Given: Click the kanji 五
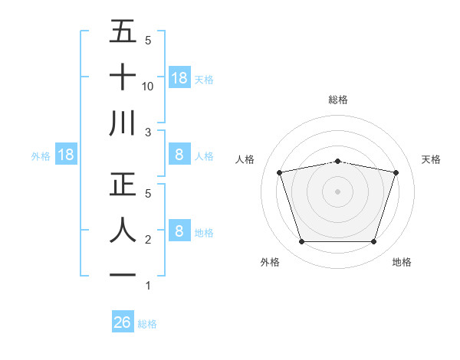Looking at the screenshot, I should [x=123, y=31].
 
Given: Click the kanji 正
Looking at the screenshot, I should [x=123, y=185].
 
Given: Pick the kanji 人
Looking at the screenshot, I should [x=123, y=231].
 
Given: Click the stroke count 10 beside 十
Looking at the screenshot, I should [x=148, y=87].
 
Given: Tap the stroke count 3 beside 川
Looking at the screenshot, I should [x=147, y=133].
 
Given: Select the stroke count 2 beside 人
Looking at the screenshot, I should [x=147, y=240].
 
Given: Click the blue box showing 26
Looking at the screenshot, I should [x=123, y=322].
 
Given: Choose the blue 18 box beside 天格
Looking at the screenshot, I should [x=179, y=77].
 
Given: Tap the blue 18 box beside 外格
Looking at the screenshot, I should [x=66, y=155].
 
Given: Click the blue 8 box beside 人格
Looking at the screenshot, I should [x=179, y=155].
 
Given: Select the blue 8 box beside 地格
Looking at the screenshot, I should [x=179, y=231].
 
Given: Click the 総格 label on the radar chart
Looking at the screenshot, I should [x=337, y=100].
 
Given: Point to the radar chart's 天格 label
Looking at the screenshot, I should [x=432, y=159].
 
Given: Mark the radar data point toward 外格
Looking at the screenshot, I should [x=301, y=242].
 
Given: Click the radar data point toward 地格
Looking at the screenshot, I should [x=373, y=242].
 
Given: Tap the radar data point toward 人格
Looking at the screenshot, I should [x=279, y=172].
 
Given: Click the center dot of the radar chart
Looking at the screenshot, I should [x=337, y=191].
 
